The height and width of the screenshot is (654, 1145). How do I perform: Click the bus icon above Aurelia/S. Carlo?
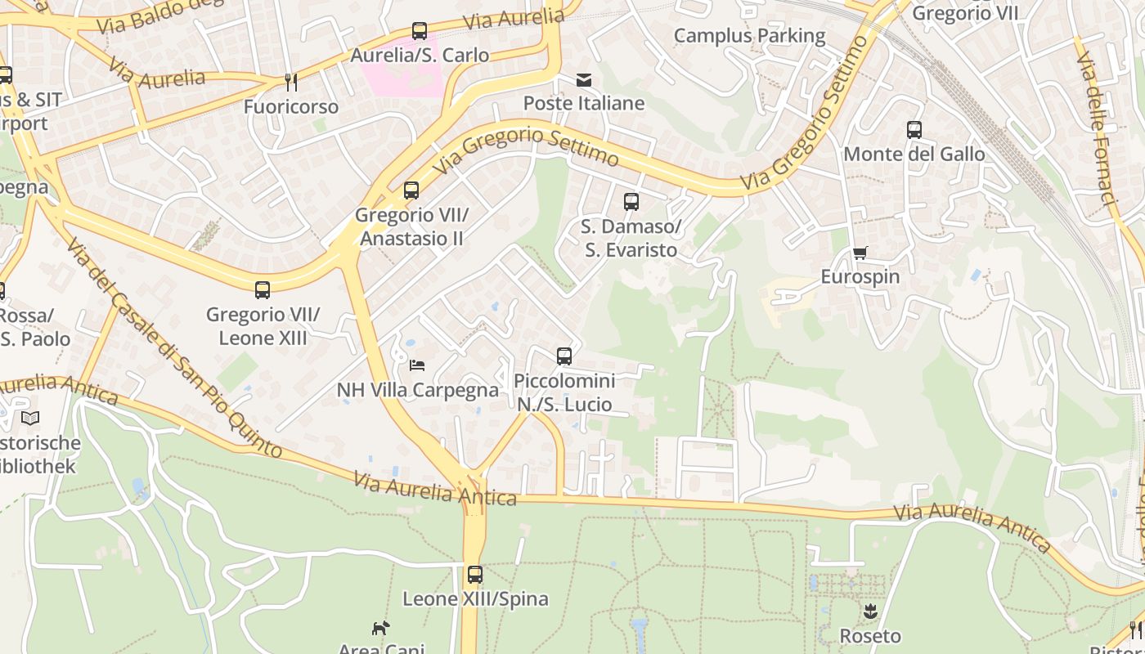click(420, 31)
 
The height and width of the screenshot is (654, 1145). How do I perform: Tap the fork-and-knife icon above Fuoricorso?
click(290, 82)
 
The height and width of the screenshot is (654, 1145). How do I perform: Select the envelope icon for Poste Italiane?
click(584, 79)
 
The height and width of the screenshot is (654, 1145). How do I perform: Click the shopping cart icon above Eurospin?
click(860, 253)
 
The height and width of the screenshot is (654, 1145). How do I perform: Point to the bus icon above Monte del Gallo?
click(914, 129)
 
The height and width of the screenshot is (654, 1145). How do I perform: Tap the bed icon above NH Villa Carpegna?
click(417, 365)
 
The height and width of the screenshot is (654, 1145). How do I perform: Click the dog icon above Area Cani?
click(381, 628)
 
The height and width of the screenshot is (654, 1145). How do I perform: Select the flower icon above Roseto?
click(870, 611)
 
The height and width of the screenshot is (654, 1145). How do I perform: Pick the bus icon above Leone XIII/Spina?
click(475, 574)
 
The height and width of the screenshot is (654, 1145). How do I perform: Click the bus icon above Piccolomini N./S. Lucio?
click(564, 356)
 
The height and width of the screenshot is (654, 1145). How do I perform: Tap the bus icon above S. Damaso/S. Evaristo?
click(631, 201)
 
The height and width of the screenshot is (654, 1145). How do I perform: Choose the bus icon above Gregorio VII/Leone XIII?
click(263, 289)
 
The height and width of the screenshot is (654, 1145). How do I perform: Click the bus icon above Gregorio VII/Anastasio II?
click(411, 190)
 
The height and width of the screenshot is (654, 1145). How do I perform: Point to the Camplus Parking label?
click(749, 35)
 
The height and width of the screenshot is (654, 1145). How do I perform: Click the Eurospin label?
click(860, 276)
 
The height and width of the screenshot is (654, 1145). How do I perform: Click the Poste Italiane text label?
click(584, 103)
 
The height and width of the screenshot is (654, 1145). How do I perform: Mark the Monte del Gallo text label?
click(914, 154)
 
